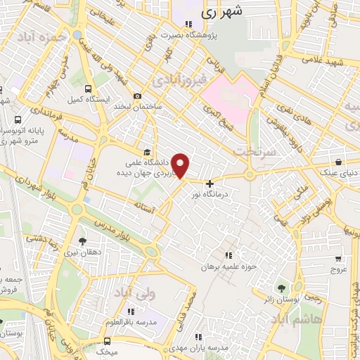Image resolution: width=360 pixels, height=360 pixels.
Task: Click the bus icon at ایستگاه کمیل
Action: (88, 89)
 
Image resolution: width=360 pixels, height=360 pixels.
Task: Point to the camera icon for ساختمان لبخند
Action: (137, 96)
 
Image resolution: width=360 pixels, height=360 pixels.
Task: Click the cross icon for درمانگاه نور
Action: (209, 184)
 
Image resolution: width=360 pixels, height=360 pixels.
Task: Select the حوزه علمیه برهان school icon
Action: (226, 255)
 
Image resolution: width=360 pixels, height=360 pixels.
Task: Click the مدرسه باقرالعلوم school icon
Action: (130, 311)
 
